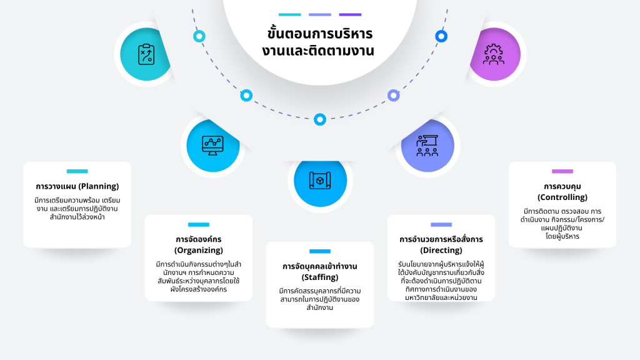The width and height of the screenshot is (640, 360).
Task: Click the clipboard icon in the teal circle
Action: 146,54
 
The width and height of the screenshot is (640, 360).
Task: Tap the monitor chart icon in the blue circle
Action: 212,145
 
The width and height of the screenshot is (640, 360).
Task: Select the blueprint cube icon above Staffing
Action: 319,180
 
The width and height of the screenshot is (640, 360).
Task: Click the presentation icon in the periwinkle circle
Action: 427,145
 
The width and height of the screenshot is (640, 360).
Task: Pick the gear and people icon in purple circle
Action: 494,54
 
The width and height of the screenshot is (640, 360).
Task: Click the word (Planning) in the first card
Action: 98,186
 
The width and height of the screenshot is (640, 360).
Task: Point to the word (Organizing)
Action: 199,250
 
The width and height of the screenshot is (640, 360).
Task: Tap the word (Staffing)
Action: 319,277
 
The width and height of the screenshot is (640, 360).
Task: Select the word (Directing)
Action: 441,250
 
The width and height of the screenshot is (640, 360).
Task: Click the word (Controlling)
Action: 562,197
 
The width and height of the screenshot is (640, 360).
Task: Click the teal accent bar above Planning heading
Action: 77,171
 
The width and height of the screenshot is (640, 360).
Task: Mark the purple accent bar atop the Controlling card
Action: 562,171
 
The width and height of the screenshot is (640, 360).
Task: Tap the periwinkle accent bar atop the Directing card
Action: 441,224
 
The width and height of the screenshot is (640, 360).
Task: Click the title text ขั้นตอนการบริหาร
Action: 319,34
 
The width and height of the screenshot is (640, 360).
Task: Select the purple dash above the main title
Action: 350,14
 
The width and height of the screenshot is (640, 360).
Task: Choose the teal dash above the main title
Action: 289,14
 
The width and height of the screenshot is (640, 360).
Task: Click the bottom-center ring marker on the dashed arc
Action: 320,119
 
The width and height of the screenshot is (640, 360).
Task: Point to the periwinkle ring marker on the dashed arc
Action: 393,96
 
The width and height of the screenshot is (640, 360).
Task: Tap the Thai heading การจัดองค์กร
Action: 199,239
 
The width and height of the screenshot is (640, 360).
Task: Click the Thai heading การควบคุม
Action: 562,186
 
